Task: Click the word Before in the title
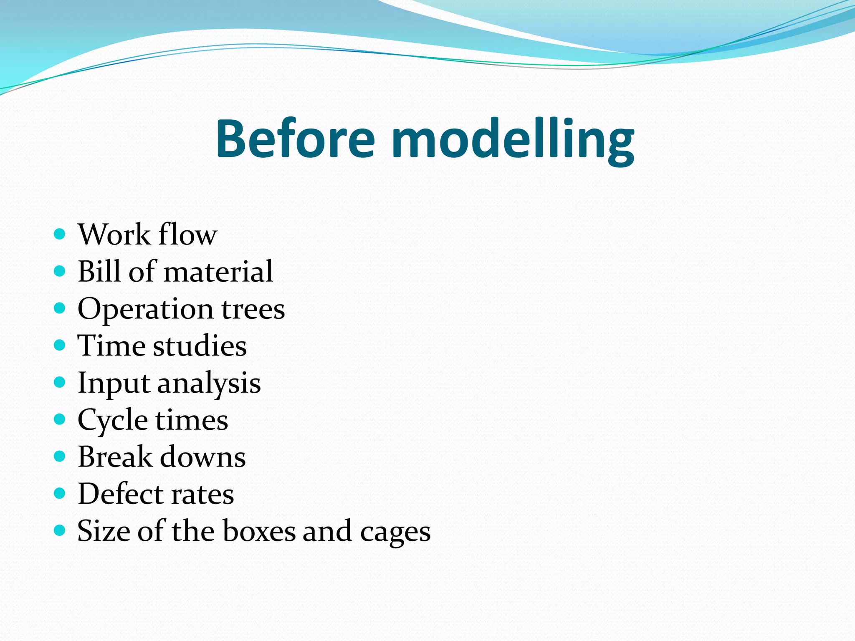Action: [x=295, y=139]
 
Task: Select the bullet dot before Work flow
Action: [x=60, y=234]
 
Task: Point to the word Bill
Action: [x=100, y=271]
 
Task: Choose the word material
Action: [x=218, y=272]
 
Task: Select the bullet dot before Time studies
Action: [x=60, y=345]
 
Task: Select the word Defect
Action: [x=121, y=494]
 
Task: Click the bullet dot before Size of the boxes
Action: [x=60, y=530]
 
